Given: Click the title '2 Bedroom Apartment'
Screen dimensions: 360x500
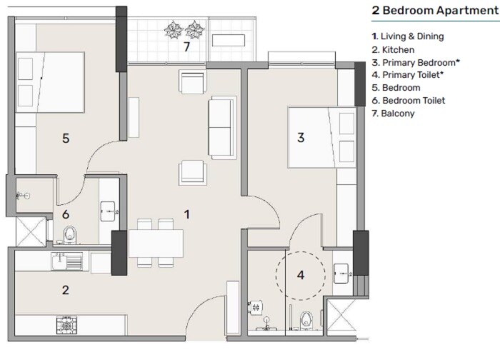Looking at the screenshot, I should [x=434, y=11].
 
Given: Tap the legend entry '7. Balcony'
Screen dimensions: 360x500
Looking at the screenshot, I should [x=396, y=114].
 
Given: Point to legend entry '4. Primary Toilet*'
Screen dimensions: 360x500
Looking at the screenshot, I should [x=412, y=75].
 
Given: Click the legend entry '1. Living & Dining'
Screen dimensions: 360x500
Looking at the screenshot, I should [x=412, y=36].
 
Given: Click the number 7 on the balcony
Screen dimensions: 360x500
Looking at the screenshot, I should [x=186, y=47].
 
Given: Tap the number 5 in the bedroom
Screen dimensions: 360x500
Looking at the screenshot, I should [x=66, y=138].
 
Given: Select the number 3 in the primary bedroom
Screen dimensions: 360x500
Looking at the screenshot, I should [x=301, y=138].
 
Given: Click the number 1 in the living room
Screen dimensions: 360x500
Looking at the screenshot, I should [x=186, y=213].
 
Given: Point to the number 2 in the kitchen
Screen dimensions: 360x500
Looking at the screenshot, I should [x=66, y=290].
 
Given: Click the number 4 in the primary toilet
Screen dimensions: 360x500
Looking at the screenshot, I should [x=301, y=274].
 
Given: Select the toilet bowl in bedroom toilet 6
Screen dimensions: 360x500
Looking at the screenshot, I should [x=70, y=234].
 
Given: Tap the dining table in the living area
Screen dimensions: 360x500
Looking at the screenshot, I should [x=156, y=244].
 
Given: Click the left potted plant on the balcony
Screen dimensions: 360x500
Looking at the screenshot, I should [x=173, y=29].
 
